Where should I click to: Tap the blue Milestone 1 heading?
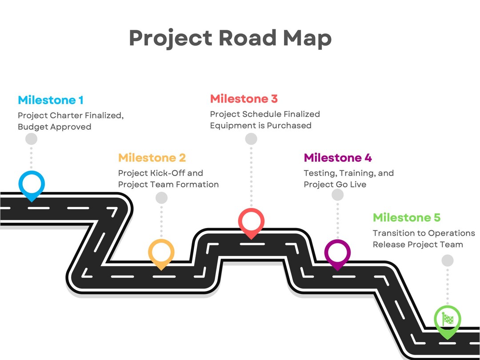(51, 100)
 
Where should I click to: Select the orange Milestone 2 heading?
(152, 158)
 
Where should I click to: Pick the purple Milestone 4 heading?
(338, 158)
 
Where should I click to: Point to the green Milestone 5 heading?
(407, 218)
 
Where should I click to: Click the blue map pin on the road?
(32, 183)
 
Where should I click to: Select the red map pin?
(251, 221)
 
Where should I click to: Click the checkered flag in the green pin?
(447, 319)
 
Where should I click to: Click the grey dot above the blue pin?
(31, 139)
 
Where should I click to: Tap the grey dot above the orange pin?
(161, 198)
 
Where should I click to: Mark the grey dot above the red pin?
(251, 139)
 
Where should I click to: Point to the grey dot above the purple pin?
(338, 195)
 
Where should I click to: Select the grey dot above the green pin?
(448, 260)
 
